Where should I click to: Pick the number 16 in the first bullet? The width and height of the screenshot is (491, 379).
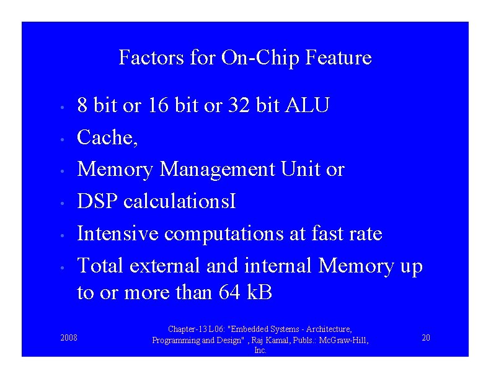tap(159, 105)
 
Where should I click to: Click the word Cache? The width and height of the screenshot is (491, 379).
tap(107, 137)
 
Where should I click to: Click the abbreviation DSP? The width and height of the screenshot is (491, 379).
tap(97, 201)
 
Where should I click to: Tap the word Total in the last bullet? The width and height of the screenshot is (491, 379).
tap(100, 266)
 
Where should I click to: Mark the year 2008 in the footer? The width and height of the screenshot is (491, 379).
tap(69, 338)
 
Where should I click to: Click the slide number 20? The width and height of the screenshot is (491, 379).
tap(425, 338)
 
